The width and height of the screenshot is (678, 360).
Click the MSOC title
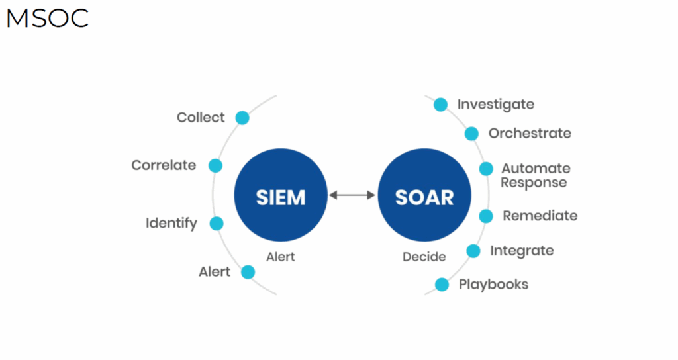[48, 19]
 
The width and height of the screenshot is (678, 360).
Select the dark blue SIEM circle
[281, 195]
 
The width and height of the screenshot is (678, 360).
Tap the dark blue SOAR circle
[424, 195]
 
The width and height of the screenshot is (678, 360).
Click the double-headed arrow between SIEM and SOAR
[352, 195]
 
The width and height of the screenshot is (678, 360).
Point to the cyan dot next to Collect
[242, 118]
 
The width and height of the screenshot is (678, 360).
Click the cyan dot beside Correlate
[215, 165]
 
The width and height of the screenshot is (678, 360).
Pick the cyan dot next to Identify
[217, 224]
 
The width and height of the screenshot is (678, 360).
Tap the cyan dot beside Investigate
[440, 104]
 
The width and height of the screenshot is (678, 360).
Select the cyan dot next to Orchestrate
[471, 134]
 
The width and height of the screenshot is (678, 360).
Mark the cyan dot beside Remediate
[485, 216]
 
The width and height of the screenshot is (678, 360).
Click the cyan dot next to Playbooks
[442, 285]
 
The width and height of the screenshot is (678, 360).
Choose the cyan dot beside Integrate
[473, 251]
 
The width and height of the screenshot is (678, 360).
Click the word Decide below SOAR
[424, 257]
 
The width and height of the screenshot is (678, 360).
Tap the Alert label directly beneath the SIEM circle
[281, 257]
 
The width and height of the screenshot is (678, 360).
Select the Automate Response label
[535, 175]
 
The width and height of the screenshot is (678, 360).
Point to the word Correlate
[164, 165]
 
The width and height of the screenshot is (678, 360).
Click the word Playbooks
[493, 285]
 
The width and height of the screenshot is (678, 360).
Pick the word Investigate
[495, 105]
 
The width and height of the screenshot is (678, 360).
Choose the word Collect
[201, 117]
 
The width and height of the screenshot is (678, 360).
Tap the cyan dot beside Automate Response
[486, 169]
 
